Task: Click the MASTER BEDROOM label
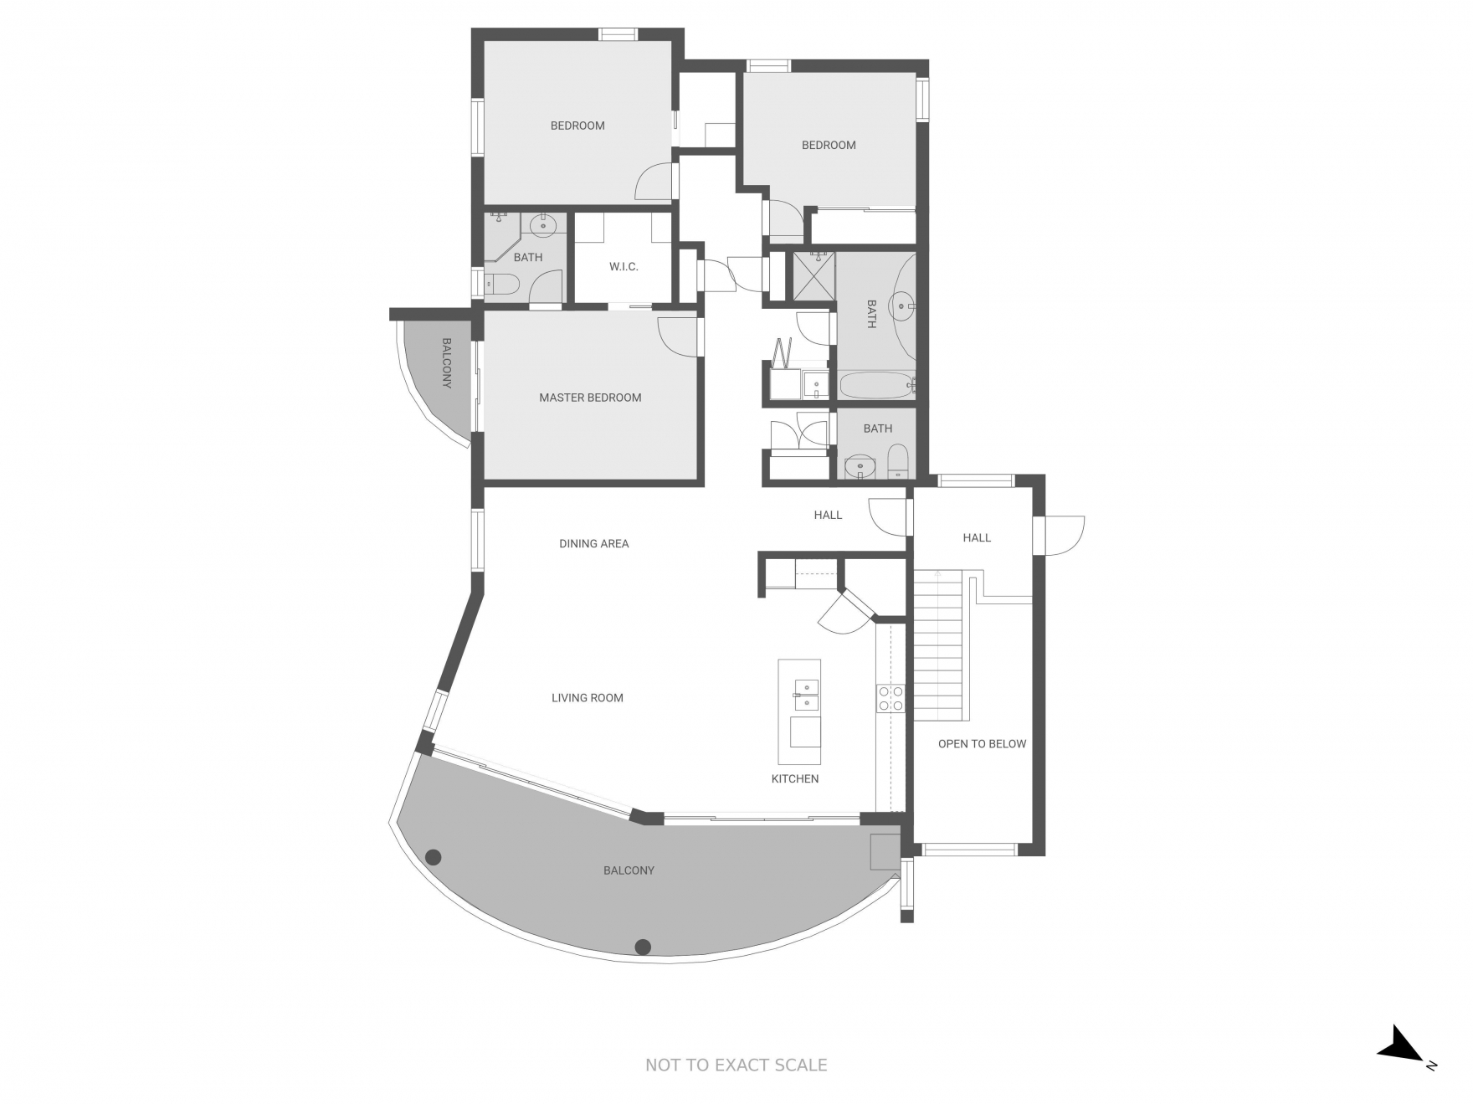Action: pos(590,398)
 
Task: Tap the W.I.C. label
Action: pos(624,266)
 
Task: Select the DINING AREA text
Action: pos(593,543)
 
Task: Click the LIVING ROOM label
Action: pos(587,697)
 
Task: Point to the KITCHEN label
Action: pos(794,778)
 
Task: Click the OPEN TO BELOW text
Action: pos(981,743)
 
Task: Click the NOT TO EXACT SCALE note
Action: pos(736,1065)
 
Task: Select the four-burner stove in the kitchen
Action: pos(890,698)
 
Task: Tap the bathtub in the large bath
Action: pos(875,386)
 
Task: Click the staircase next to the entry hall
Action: pos(940,644)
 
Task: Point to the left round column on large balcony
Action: pos(434,856)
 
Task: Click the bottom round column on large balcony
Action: pos(643,947)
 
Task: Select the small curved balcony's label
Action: pos(446,362)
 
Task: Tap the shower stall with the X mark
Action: pos(814,275)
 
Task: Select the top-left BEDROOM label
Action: pos(577,126)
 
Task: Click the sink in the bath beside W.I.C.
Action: pos(544,223)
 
